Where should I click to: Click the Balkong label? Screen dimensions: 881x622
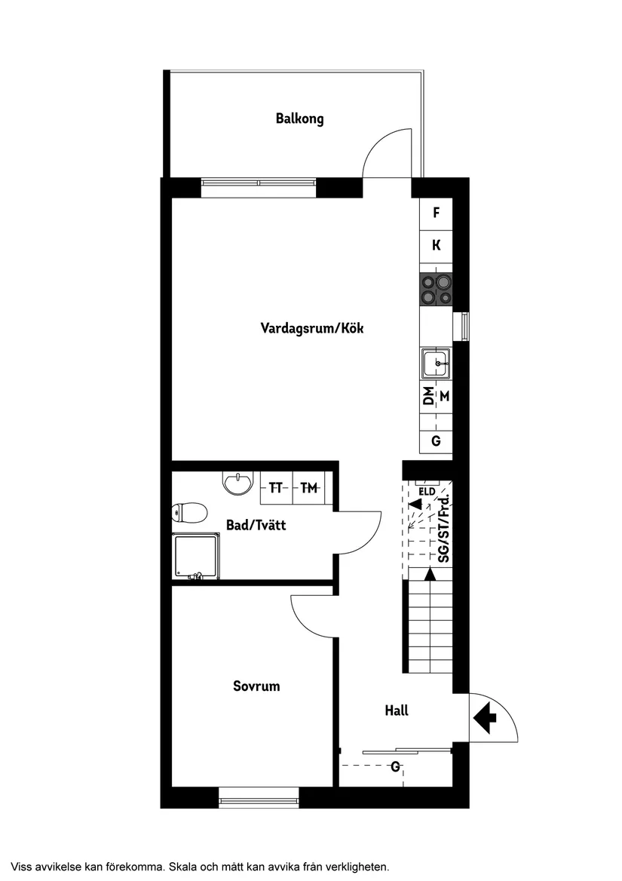[x=299, y=118]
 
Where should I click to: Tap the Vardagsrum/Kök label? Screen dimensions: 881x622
[x=312, y=328]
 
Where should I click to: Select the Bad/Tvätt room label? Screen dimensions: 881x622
[x=256, y=525]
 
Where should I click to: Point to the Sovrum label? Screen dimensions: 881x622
[x=256, y=686]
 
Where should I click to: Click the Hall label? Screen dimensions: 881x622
[x=397, y=711]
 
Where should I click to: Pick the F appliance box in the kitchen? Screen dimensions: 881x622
[x=436, y=213]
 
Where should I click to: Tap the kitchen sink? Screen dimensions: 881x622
[x=437, y=364]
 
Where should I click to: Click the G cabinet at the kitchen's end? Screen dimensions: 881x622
[x=436, y=441]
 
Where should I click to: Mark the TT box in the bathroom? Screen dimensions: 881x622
[x=276, y=489]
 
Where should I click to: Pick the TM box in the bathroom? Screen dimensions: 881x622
[x=308, y=489]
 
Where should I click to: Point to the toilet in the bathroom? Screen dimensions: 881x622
[x=189, y=514]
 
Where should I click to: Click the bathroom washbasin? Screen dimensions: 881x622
[x=238, y=483]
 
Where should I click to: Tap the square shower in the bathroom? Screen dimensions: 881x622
[x=196, y=557]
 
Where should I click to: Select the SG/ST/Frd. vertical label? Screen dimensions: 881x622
[x=444, y=529]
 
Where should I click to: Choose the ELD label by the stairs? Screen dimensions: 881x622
[x=427, y=492]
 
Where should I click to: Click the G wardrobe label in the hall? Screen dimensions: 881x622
[x=395, y=767]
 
